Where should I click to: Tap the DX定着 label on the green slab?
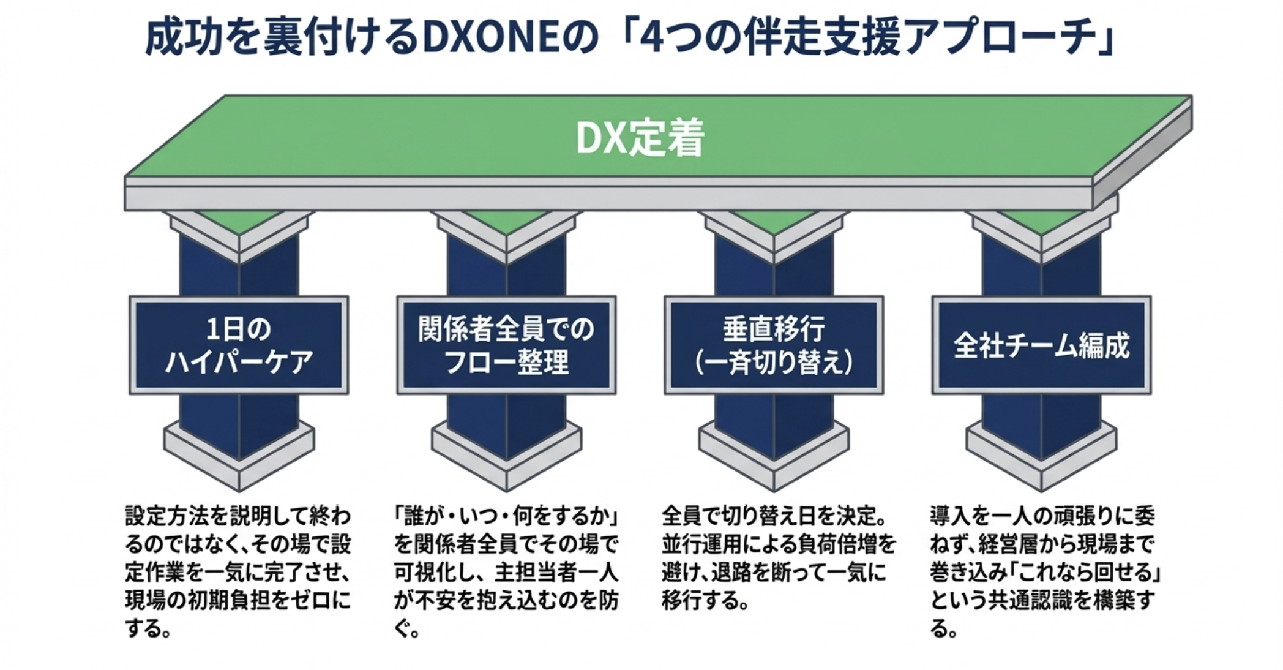tap(640, 138)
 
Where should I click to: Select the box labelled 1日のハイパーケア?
tap(239, 345)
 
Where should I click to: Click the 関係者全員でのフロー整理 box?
tap(506, 345)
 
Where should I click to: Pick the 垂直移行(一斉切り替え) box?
tap(774, 345)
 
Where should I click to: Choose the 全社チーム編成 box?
tap(1041, 345)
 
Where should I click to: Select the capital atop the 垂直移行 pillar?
tap(774, 236)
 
